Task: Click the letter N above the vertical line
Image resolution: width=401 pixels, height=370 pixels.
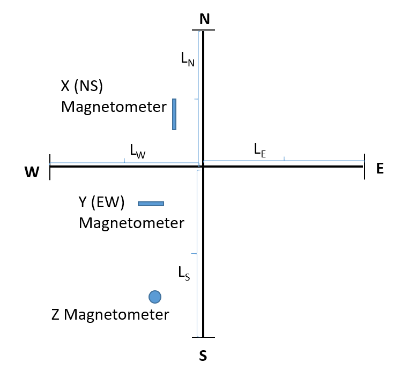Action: pos(205,19)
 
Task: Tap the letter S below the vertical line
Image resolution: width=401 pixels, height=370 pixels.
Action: pos(203,356)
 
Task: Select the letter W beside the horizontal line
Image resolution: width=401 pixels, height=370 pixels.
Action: pos(32,172)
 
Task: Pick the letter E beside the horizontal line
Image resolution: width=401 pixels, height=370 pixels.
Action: pos(380,169)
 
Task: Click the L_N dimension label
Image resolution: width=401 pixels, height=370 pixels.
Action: pos(188,59)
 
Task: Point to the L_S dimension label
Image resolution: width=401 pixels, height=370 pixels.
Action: pos(184,273)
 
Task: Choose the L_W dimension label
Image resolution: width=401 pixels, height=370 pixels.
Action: pos(138,151)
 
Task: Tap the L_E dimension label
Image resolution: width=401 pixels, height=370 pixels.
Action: pos(260,150)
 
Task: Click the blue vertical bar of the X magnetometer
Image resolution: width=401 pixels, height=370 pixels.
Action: pos(174,114)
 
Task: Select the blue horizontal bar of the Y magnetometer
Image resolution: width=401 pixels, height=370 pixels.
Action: pos(151,203)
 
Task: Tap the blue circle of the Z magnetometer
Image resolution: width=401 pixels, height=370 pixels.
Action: pos(155,297)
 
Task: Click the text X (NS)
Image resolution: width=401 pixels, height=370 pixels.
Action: pos(82,86)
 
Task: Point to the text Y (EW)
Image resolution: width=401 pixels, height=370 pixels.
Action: pos(101,202)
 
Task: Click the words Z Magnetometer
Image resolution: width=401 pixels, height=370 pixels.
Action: pos(110,314)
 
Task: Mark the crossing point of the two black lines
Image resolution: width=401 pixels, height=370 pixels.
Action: pos(203,167)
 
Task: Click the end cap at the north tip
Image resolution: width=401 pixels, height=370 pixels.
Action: pos(203,30)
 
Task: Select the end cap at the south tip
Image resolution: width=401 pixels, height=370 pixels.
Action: pos(203,337)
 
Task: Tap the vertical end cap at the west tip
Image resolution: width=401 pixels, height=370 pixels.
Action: pos(50,167)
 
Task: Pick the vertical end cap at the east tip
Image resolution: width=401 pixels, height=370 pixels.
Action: pos(365,167)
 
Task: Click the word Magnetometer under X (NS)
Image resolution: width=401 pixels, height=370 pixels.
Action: pos(114,107)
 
